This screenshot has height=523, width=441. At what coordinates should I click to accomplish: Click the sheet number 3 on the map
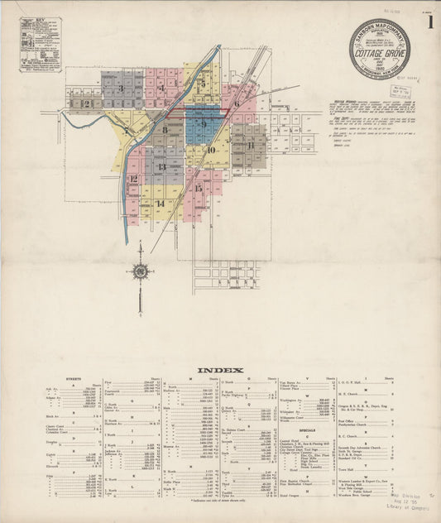click(122, 88)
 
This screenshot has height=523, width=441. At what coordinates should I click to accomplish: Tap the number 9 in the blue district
click(203, 123)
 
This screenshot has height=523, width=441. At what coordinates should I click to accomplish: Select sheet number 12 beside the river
click(133, 178)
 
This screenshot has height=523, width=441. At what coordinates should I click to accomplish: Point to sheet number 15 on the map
click(199, 187)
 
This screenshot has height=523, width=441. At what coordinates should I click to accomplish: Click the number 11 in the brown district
click(249, 145)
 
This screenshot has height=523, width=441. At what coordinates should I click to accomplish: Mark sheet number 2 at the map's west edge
click(85, 103)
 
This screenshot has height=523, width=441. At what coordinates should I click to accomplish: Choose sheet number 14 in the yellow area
click(160, 203)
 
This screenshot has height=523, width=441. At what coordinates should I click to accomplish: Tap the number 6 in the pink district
click(236, 104)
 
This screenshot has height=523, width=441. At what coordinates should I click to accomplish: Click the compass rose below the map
click(140, 270)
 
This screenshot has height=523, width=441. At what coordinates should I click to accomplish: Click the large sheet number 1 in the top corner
click(430, 22)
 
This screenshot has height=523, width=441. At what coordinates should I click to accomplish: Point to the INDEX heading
click(220, 370)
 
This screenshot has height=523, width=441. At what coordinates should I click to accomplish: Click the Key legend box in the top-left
click(40, 45)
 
